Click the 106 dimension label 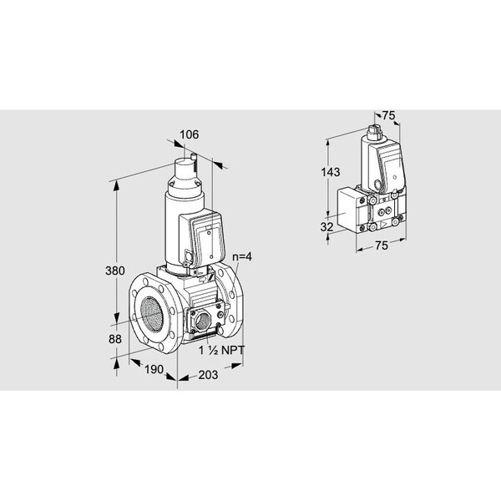tap(190, 134)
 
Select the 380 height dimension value tap(115, 271)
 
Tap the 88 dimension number tap(115, 339)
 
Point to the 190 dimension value tap(154, 369)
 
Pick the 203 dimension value tap(208, 375)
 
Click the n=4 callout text tap(242, 256)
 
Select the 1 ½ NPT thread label tap(221, 351)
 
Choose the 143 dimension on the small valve tap(331, 172)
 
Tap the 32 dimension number tap(326, 227)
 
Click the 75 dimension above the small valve tap(389, 115)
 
